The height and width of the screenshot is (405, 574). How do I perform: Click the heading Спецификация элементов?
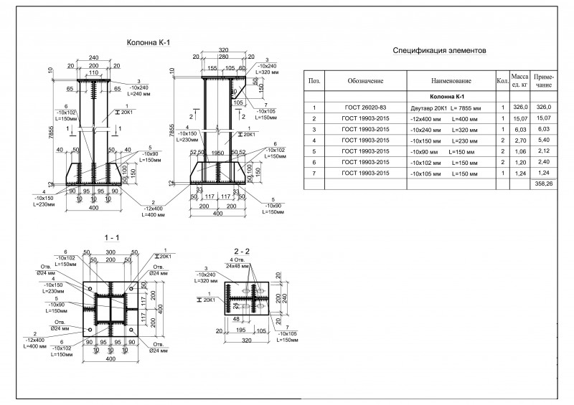coord(440,52)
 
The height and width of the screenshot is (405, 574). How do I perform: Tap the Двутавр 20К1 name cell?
coord(451,107)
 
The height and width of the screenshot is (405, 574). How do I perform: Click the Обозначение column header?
coord(366,81)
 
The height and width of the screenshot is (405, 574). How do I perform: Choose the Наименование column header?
coord(451,81)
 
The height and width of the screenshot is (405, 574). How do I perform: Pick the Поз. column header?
coord(314,81)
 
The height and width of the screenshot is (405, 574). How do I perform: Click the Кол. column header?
coord(502,81)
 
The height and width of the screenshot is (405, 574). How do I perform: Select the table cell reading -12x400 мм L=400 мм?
coord(451,118)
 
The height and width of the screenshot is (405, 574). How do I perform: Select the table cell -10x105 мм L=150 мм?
coord(451,173)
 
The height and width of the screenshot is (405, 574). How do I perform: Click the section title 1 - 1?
coord(110,237)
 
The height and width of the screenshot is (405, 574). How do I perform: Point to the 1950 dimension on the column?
coord(215,152)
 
